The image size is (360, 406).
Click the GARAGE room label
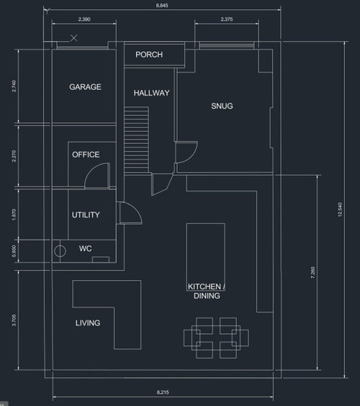pyautogui.click(x=85, y=86)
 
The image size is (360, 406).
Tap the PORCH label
pyautogui.click(x=149, y=55)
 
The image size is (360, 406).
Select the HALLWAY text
pyautogui.click(x=151, y=93)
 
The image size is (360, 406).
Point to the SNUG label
pyautogui.click(x=222, y=106)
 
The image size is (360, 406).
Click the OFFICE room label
pyautogui.click(x=86, y=155)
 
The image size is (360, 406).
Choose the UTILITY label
pyautogui.click(x=86, y=215)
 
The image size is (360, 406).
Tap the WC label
pyautogui.click(x=86, y=248)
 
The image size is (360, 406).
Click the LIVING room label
pyautogui.click(x=88, y=323)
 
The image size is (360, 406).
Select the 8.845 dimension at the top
pyautogui.click(x=162, y=5)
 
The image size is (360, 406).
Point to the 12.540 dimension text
pyautogui.click(x=340, y=209)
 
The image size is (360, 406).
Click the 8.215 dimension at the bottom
pyautogui.click(x=163, y=392)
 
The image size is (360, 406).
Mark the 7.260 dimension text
pyautogui.click(x=313, y=272)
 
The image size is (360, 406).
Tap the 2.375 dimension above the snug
pyautogui.click(x=227, y=19)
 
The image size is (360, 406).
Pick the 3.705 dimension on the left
pyautogui.click(x=14, y=320)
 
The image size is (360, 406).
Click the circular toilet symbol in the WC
pyautogui.click(x=60, y=251)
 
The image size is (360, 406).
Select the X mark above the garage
pyautogui.click(x=74, y=38)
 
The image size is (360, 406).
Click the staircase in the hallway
pyautogui.click(x=136, y=140)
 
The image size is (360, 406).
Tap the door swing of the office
pyautogui.click(x=97, y=176)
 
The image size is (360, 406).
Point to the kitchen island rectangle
pyautogui.click(x=206, y=257)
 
